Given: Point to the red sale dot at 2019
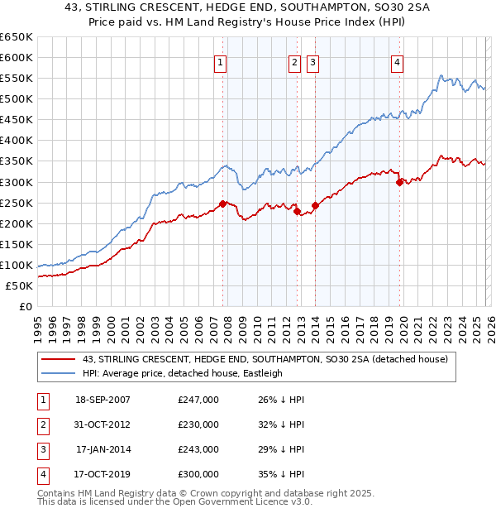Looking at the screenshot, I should click(399, 182).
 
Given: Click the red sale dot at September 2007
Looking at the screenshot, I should click(222, 204).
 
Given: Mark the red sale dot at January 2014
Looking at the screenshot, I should click(315, 205).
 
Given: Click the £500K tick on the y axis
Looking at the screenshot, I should click(17, 99).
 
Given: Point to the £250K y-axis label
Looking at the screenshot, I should click(17, 203).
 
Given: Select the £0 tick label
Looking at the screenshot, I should click(24, 306).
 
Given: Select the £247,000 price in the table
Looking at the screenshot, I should click(198, 400).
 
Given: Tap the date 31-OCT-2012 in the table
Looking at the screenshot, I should click(103, 424).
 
